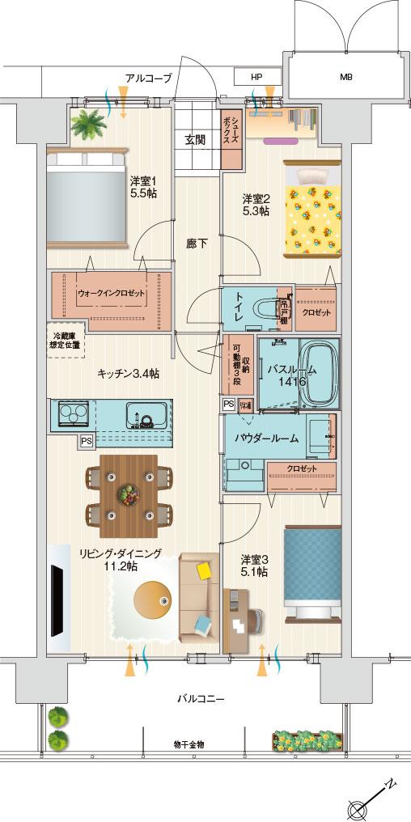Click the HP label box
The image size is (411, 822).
coord(256,77)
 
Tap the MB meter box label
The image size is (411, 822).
coord(345,78)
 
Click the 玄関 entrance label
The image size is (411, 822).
coord(195,140)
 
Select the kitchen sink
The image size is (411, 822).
coord(146,417)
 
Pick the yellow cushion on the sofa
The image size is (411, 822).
coord(205,571)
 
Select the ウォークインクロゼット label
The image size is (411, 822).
coord(112,294)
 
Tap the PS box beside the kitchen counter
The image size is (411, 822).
coord(86,441)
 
